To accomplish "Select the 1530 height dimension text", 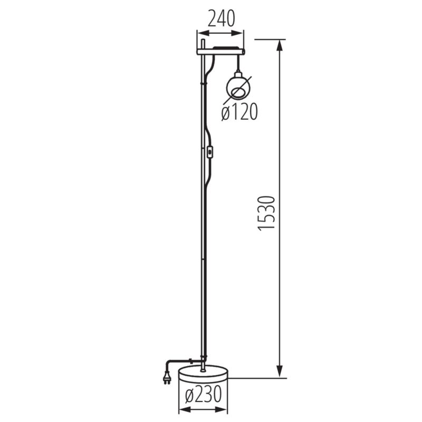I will pos(267,213).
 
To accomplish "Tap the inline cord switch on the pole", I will pos(211,154).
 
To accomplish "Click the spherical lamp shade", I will pos(239,88).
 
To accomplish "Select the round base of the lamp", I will pos(203,374).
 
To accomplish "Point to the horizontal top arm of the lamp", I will pos(220,51).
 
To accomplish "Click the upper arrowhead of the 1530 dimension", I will pos(280,45).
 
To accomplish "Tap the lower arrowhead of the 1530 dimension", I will pos(280,372).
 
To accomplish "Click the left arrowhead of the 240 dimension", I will pos(200,32).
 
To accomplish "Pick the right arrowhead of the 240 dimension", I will pos(241,32).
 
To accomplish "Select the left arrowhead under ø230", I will pos(184,409).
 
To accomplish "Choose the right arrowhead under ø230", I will pos(221,409).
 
